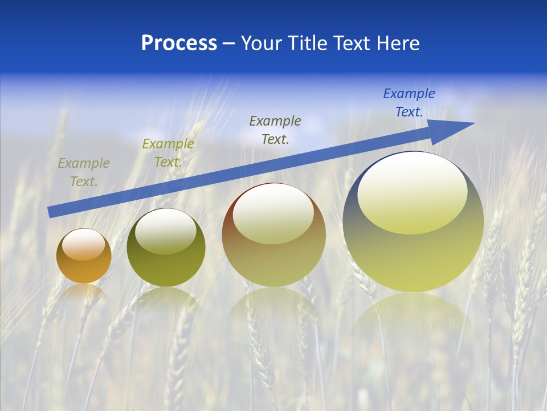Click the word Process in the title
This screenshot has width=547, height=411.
(x=179, y=43)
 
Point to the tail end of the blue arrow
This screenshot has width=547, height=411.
(x=51, y=212)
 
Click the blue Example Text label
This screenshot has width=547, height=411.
(x=409, y=103)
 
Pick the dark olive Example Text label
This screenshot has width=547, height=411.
(x=275, y=130)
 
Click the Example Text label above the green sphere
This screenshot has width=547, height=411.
(x=168, y=153)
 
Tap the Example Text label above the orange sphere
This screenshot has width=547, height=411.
(x=84, y=172)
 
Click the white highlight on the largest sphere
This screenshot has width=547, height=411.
(x=412, y=193)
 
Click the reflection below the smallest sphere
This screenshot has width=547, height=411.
(x=84, y=294)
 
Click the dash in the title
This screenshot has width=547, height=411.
(x=229, y=43)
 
